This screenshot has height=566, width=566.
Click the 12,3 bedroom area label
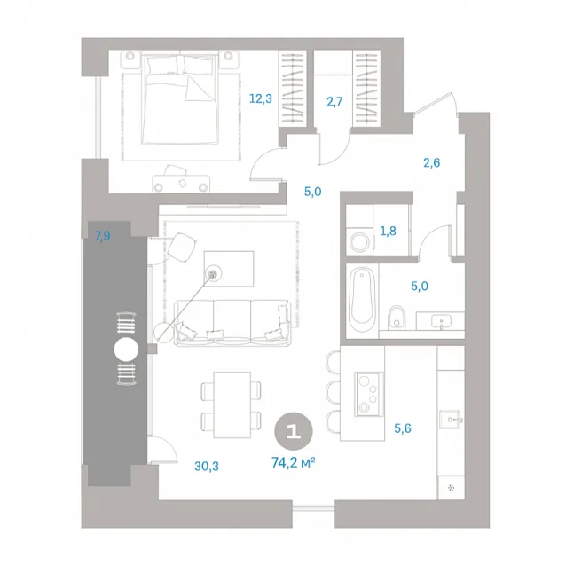pyautogui.click(x=261, y=98)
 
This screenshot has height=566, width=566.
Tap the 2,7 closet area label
pyautogui.click(x=334, y=101)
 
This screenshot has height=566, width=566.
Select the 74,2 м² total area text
pyautogui.click(x=294, y=462)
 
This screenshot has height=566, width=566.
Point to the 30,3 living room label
pyautogui.click(x=207, y=466)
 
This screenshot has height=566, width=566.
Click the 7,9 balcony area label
pyautogui.click(x=103, y=236)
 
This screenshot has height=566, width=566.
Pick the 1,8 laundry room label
pyautogui.click(x=388, y=231)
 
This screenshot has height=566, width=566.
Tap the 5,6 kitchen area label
pyautogui.click(x=403, y=428)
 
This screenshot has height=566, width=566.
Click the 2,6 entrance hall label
pyautogui.click(x=432, y=163)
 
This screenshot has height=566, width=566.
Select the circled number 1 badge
pyautogui.click(x=294, y=431)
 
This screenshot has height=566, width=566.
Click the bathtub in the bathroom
pyautogui.click(x=362, y=299)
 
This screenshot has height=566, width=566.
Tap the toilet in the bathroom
pyautogui.click(x=397, y=318)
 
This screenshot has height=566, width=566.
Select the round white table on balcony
pyautogui.click(x=126, y=350)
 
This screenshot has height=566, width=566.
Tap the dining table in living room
pyautogui.click(x=232, y=405)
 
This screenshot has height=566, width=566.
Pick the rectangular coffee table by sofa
pyautogui.click(x=229, y=269)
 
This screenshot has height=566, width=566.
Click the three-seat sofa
pyautogui.click(x=232, y=323)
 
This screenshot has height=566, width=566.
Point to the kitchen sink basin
pyautogui.click(x=450, y=420)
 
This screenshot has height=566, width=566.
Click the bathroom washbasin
pyautogui.click(x=440, y=320)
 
